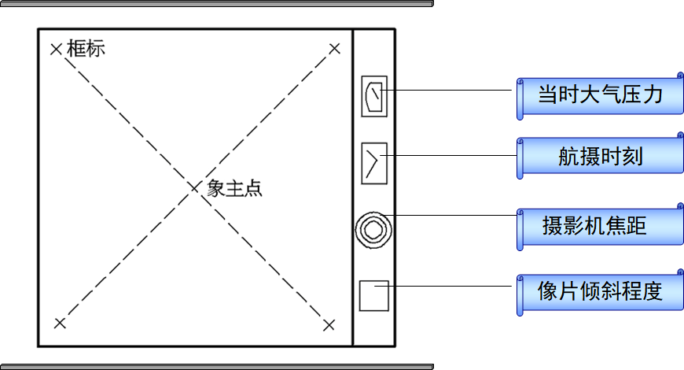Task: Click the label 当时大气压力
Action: pos(600,96)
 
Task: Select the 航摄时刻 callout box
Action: pos(600,157)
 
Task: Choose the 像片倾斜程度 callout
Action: pos(600,291)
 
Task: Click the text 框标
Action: pos(86,49)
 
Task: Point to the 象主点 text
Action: pos(234,189)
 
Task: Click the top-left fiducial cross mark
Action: pos(56,50)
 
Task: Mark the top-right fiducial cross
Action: pos(334,50)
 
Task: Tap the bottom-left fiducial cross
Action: pos(60,323)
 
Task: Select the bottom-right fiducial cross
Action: pos(329,324)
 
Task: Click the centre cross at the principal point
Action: pos(195,187)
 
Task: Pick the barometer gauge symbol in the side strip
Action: pos(373,96)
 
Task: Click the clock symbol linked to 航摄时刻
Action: pos(373,163)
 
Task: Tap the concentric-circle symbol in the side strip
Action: pos(373,229)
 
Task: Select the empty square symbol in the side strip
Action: pos(373,295)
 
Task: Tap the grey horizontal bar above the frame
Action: pos(216,4)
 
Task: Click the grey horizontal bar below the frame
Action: pos(216,366)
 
